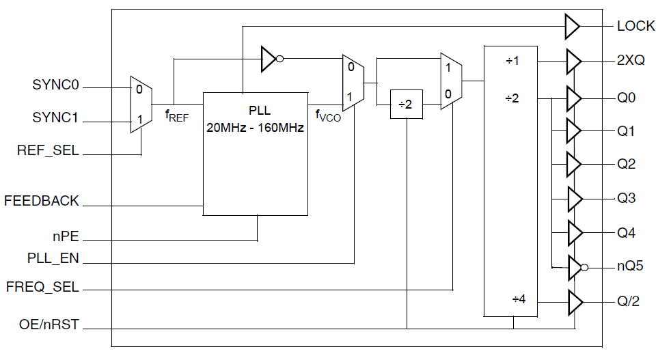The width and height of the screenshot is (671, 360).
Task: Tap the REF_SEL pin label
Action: (48, 151)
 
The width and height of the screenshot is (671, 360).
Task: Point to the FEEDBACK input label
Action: (42, 202)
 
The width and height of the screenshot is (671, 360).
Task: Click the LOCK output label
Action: (635, 27)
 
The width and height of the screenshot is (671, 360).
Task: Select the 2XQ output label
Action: (631, 61)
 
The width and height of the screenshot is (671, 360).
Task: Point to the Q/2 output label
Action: (630, 301)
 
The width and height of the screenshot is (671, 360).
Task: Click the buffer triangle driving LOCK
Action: (572, 27)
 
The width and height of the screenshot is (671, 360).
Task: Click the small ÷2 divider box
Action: (406, 105)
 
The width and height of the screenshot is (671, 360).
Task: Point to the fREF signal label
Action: (177, 115)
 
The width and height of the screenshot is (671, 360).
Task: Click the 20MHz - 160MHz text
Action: (256, 126)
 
